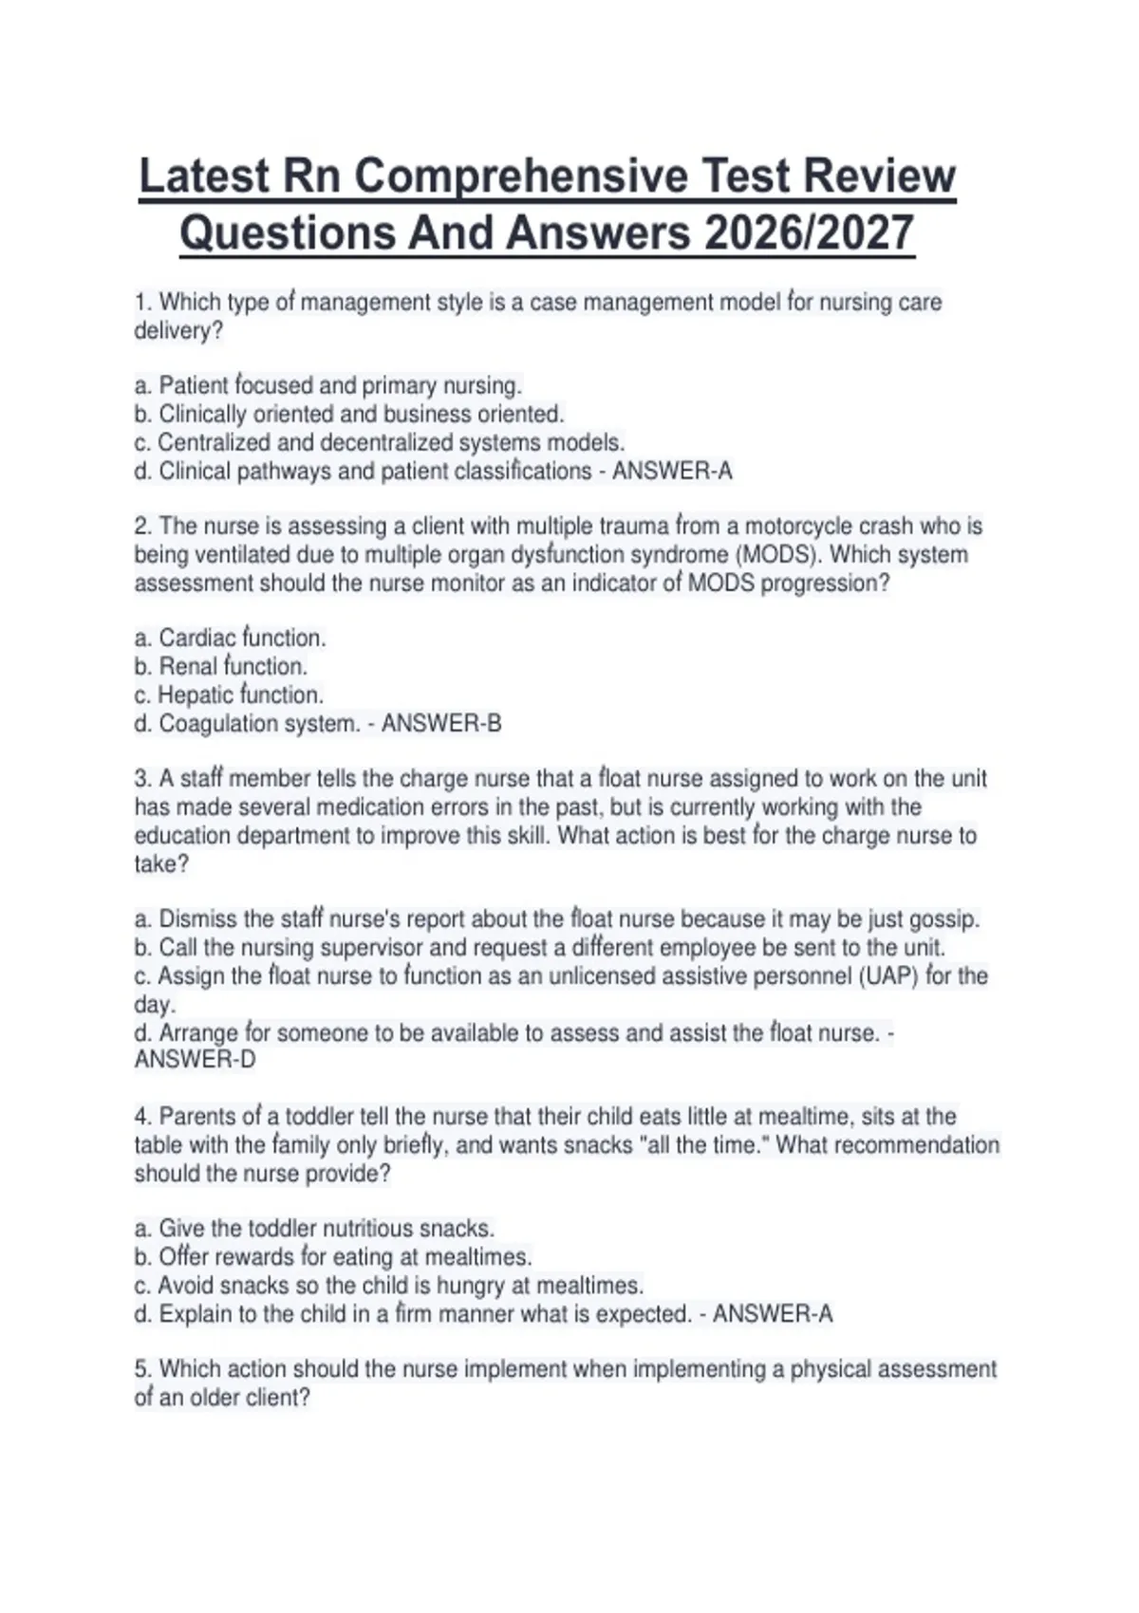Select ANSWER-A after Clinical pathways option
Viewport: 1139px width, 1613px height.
click(672, 472)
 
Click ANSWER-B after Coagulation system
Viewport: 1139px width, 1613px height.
click(441, 724)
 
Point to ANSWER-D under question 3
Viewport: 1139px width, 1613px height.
click(195, 1060)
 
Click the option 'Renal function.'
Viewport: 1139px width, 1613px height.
click(233, 667)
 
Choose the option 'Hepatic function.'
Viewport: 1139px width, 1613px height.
click(240, 695)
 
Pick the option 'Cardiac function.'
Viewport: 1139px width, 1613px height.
click(242, 639)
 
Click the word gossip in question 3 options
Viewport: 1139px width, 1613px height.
click(944, 919)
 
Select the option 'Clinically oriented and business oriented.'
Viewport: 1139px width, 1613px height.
click(361, 415)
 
